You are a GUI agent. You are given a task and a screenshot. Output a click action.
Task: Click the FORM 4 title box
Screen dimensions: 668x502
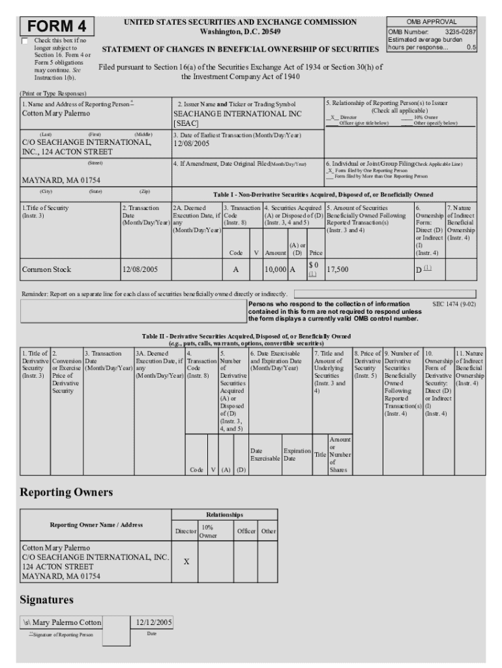pyautogui.click(x=57, y=27)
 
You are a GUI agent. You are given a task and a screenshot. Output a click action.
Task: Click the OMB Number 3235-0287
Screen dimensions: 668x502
pyautogui.click(x=432, y=31)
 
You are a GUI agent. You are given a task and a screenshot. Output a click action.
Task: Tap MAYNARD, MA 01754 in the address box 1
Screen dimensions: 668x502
pyautogui.click(x=61, y=180)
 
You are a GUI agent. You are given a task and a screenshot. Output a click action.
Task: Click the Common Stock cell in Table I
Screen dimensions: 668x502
pyautogui.click(x=46, y=269)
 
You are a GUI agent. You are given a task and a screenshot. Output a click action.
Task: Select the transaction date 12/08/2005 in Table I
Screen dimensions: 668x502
pyautogui.click(x=140, y=269)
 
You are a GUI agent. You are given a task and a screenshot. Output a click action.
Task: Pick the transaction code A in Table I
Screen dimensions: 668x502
pyautogui.click(x=235, y=269)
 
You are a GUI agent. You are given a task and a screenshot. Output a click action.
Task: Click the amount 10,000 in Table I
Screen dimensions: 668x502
pyautogui.click(x=274, y=269)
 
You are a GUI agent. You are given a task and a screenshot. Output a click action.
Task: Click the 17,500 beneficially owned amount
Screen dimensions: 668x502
pyautogui.click(x=339, y=268)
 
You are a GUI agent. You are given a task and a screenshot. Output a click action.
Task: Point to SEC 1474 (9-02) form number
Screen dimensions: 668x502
pyautogui.click(x=453, y=304)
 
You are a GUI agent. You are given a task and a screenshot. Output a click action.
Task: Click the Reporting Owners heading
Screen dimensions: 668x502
pyautogui.click(x=66, y=491)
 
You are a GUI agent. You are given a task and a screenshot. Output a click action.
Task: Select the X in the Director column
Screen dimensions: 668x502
pyautogui.click(x=186, y=560)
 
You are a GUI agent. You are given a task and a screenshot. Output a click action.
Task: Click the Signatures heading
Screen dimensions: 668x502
pyautogui.click(x=46, y=599)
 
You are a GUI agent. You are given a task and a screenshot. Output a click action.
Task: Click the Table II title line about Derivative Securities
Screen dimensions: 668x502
pyautogui.click(x=246, y=336)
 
